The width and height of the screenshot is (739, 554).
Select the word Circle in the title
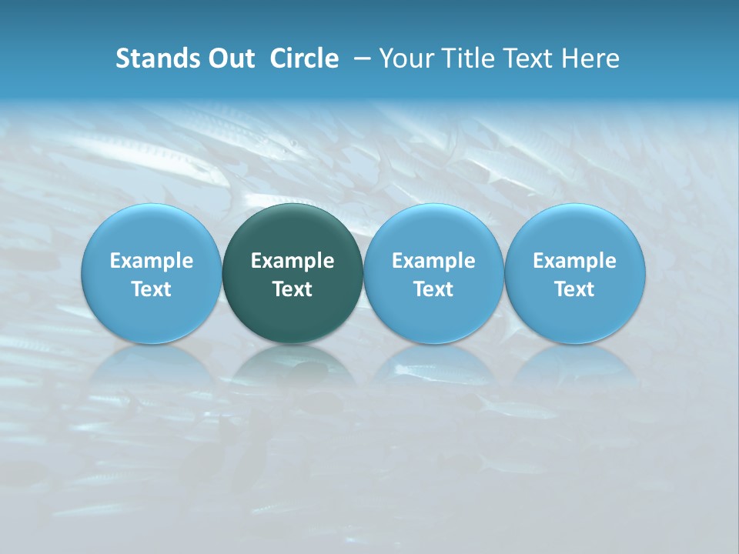tap(304, 58)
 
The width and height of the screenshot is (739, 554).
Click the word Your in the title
tap(406, 58)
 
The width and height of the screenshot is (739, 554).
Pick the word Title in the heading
tap(465, 58)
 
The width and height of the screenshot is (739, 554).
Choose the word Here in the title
tap(590, 58)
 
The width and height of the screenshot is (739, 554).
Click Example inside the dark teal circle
tap(293, 261)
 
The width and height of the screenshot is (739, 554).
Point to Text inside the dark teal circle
tap(293, 289)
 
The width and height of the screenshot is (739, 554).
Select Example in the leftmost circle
tap(152, 261)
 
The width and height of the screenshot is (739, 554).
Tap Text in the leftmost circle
tap(152, 289)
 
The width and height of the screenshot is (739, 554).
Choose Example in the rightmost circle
tap(574, 261)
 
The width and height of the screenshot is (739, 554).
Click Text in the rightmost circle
tap(574, 289)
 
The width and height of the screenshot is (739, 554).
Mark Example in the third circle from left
tap(433, 261)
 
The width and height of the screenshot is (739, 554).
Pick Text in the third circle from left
tap(433, 289)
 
